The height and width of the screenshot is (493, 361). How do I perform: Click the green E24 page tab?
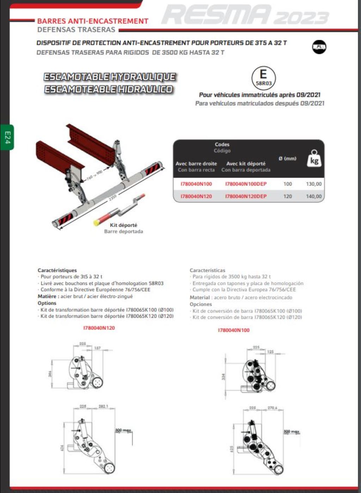click(7, 137)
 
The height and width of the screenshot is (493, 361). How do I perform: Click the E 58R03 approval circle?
click(263, 78)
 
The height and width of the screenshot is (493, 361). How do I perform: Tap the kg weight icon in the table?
click(314, 158)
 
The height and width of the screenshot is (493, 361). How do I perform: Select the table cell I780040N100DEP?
click(246, 184)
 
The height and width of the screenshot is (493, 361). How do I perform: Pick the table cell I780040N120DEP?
click(246, 196)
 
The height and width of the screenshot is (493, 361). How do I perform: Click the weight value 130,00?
click(313, 184)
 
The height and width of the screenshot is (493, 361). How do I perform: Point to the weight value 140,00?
click(313, 196)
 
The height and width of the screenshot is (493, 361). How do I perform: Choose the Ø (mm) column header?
click(287, 158)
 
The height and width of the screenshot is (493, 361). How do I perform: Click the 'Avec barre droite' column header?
click(196, 164)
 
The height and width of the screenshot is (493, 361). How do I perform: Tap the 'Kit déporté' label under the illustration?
click(123, 225)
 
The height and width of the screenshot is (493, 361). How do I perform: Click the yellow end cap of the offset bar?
click(96, 223)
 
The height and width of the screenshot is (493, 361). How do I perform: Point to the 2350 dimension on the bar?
click(112, 197)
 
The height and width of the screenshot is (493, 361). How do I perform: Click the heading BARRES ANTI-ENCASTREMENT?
click(93, 21)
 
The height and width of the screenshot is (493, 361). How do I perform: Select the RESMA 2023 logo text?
click(245, 16)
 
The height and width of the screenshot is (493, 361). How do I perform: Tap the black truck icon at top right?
click(319, 47)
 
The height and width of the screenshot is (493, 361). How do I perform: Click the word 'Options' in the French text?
click(47, 303)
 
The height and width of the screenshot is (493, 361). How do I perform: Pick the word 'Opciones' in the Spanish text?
click(201, 304)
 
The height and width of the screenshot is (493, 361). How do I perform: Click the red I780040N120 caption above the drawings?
click(99, 328)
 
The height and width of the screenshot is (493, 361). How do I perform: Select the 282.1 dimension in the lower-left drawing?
click(103, 406)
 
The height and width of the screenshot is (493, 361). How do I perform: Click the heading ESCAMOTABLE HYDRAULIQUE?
click(110, 77)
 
